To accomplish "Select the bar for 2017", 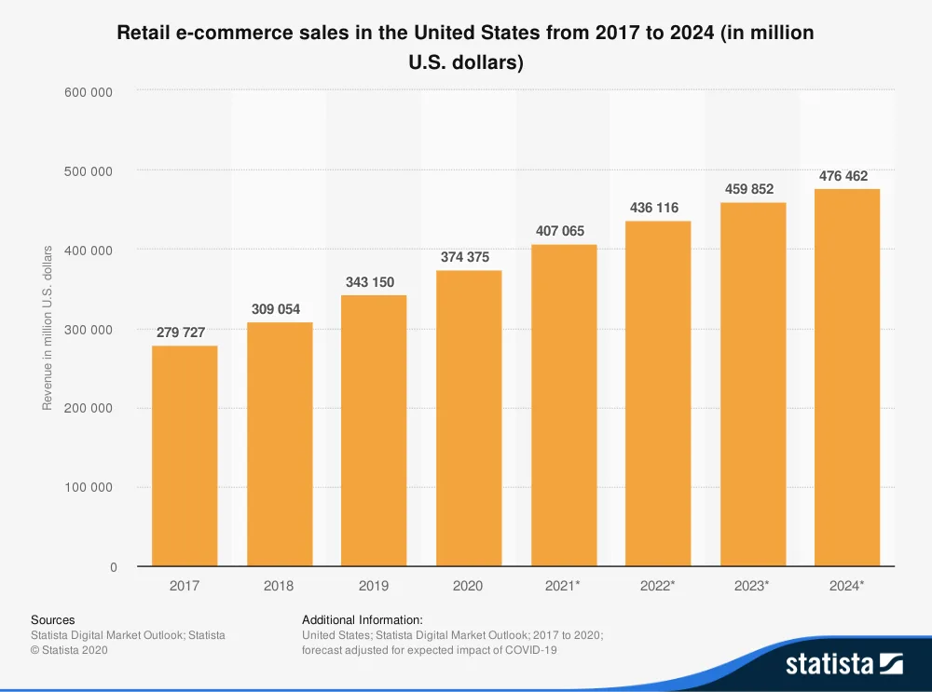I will point(185,455).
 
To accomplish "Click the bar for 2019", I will point(374,430).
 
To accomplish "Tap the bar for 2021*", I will point(564,405).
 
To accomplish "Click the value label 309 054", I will point(276,309).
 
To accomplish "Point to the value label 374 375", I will point(464,257).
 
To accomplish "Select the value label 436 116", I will point(654,208).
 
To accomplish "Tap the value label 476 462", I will point(843,176).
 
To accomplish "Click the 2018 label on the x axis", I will point(279,586).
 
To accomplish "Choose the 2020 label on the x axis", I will point(468,586).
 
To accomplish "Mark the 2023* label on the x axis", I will point(752,586).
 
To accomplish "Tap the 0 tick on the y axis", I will point(114,566).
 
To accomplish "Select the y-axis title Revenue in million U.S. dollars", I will point(48,328).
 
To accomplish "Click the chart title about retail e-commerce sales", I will point(465,47).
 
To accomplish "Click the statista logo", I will point(843,663).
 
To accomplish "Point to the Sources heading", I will point(53,619).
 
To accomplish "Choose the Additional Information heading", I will point(363,619).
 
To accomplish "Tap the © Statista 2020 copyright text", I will point(69,650).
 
